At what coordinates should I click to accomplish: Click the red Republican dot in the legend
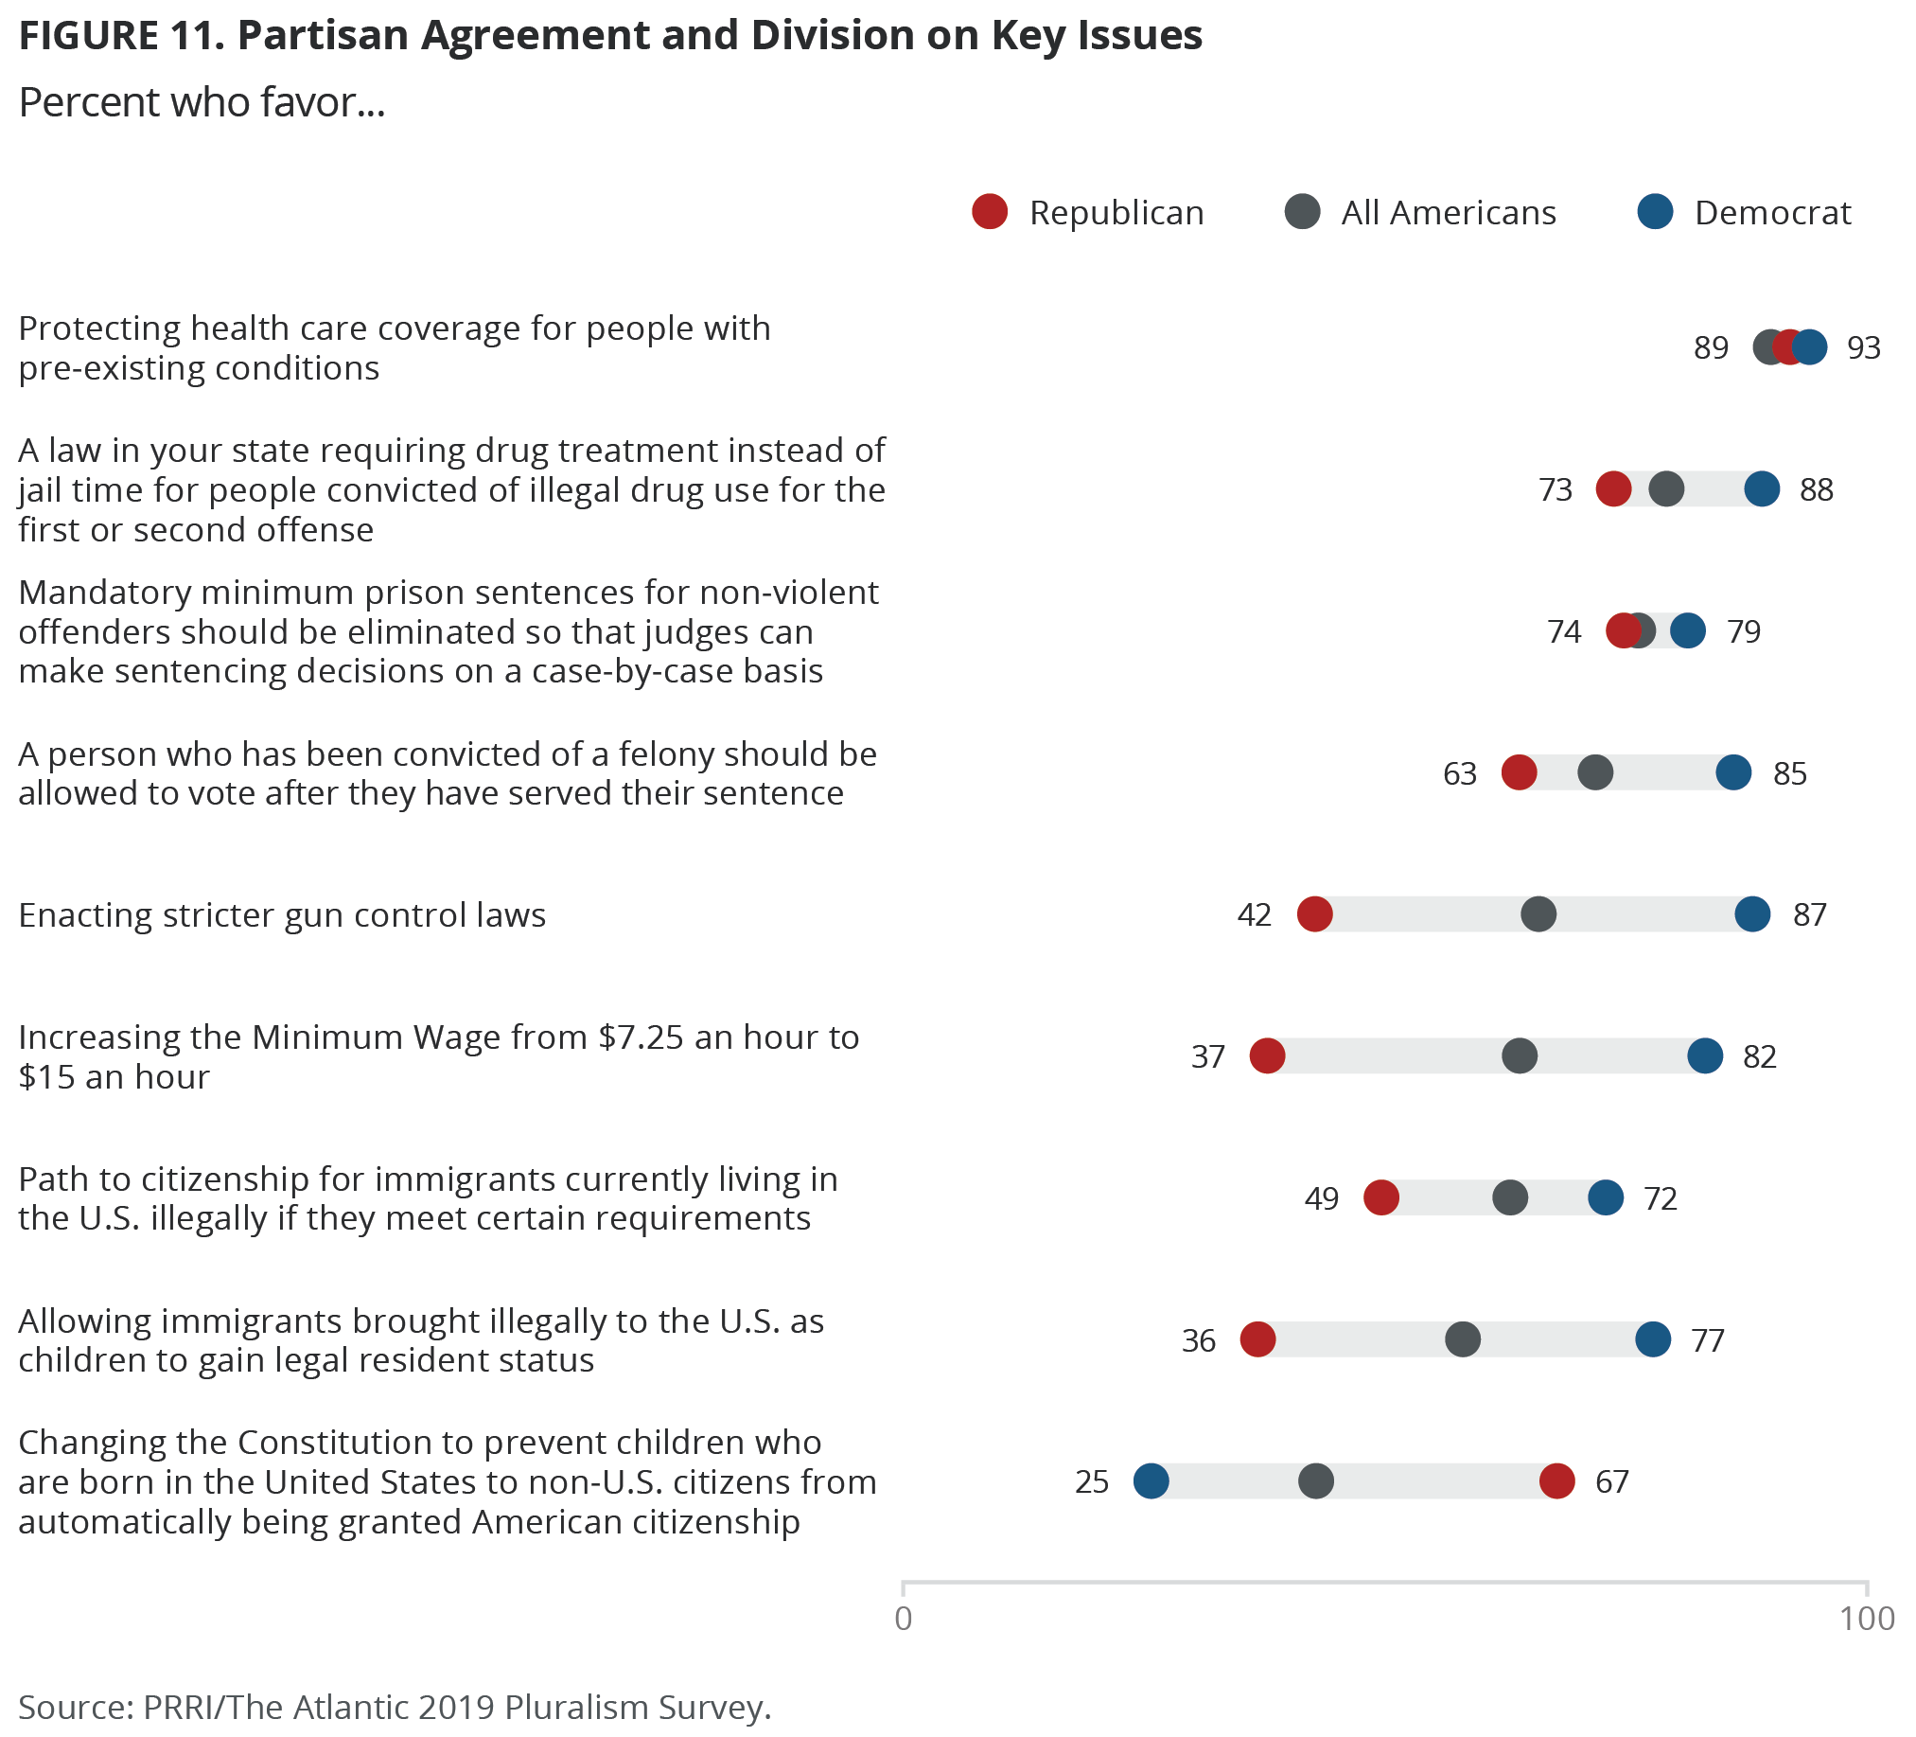(x=990, y=211)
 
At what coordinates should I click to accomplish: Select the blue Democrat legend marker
(x=1655, y=211)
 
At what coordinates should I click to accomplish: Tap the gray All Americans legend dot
(x=1302, y=211)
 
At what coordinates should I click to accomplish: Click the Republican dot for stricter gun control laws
(x=1314, y=914)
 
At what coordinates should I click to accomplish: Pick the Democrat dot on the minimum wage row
(x=1705, y=1056)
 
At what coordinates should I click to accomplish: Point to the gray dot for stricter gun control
(x=1538, y=914)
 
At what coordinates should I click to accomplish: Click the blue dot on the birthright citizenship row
(x=1151, y=1481)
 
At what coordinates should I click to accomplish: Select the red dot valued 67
(x=1556, y=1481)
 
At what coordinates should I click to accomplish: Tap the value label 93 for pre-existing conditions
(x=1864, y=348)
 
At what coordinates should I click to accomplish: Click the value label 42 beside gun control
(x=1254, y=914)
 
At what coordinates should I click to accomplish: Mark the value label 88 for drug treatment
(x=1817, y=489)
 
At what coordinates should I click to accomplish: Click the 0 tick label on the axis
(x=903, y=1619)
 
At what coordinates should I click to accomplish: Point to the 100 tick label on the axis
(x=1867, y=1619)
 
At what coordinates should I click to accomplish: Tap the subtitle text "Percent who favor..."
(x=202, y=102)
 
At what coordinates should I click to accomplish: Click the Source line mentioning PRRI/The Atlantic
(x=395, y=1707)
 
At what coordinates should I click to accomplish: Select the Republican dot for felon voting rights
(x=1519, y=773)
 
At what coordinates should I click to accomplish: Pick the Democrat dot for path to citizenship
(x=1606, y=1198)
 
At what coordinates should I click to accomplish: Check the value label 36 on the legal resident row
(x=1199, y=1340)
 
